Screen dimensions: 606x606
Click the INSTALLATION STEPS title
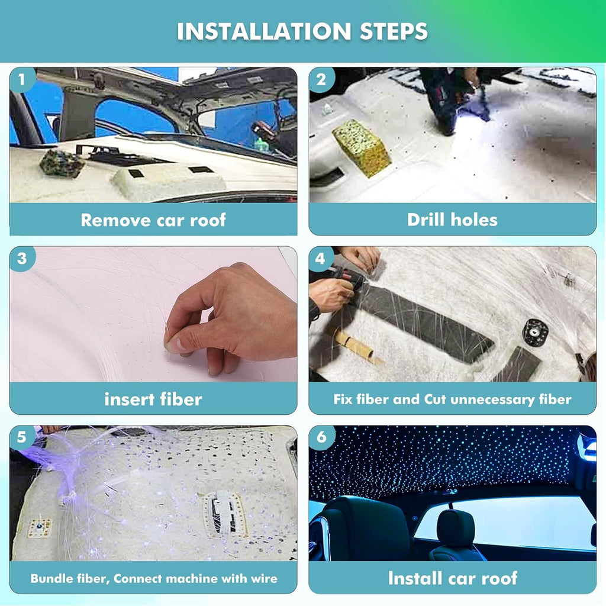[x=302, y=31]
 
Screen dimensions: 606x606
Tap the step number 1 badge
[x=22, y=79]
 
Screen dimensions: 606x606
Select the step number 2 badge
[x=321, y=79]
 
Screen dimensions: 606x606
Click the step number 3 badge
[x=22, y=259]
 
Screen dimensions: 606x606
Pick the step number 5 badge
[x=22, y=438]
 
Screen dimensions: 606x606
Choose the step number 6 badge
[x=321, y=438]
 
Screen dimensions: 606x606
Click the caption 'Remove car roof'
[x=153, y=220]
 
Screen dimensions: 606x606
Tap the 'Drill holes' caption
[x=452, y=220]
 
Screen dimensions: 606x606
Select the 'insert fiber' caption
[x=153, y=399]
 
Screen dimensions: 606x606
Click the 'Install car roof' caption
[x=452, y=578]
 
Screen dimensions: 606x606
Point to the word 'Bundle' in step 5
[x=50, y=578]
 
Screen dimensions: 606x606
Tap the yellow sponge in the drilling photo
[x=361, y=147]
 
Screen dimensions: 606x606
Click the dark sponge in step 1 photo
[x=62, y=163]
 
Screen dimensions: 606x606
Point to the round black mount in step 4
[x=535, y=332]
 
